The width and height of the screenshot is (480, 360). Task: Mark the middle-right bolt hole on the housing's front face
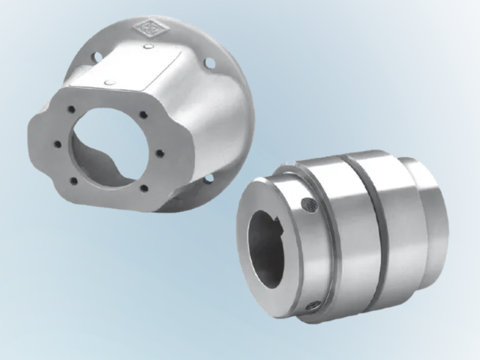160,153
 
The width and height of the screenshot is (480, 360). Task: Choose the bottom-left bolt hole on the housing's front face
73,180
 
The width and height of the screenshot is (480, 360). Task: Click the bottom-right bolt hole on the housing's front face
144,189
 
